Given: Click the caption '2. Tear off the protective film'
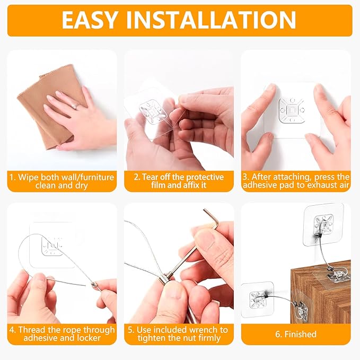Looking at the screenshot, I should [x=179, y=181].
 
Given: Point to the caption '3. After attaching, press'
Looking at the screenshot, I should [x=296, y=181].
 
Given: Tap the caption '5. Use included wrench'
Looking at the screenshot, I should [x=179, y=334].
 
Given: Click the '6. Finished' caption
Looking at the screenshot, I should [x=296, y=334].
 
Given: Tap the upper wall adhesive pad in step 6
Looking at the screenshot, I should [x=323, y=224].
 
